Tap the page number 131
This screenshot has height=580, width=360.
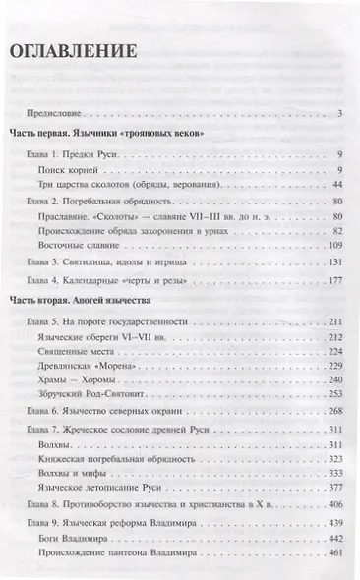click(x=333, y=262)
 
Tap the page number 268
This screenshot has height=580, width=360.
click(x=333, y=412)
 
